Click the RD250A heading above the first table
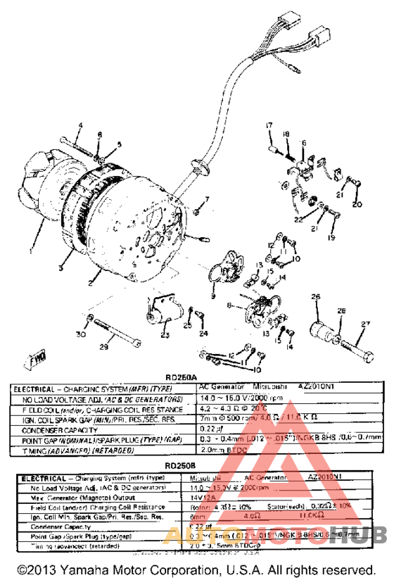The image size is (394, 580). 196,377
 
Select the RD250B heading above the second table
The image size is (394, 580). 196,466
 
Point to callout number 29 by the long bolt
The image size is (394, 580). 103,346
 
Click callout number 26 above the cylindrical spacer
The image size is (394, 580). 316,296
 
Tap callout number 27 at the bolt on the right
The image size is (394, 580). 364,324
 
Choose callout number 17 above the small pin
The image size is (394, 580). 268,125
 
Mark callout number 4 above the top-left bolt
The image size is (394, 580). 80,126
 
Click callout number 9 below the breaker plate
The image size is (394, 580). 212,288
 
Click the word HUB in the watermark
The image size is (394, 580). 359,535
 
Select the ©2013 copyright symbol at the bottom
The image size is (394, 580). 23,569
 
